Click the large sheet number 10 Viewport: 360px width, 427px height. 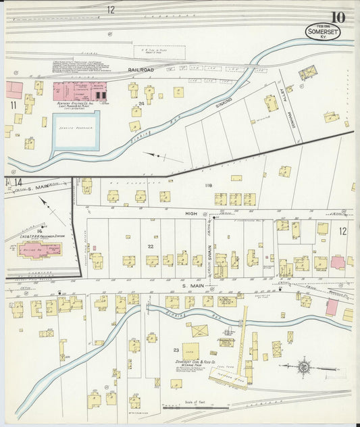click(338, 17)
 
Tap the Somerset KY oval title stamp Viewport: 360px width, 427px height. click(323, 32)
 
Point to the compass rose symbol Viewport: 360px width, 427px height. click(304, 367)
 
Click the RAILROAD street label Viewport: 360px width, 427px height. click(141, 70)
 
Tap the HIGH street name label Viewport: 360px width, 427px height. click(191, 213)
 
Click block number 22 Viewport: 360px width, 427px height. click(151, 246)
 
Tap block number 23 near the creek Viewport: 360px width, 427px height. click(176, 350)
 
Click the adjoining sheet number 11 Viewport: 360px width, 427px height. click(12, 105)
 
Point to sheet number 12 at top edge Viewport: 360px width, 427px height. click(110, 9)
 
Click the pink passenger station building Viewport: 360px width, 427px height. click(38, 250)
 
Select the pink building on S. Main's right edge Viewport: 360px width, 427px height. click(331, 307)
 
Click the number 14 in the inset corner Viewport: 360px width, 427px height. click(18, 182)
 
